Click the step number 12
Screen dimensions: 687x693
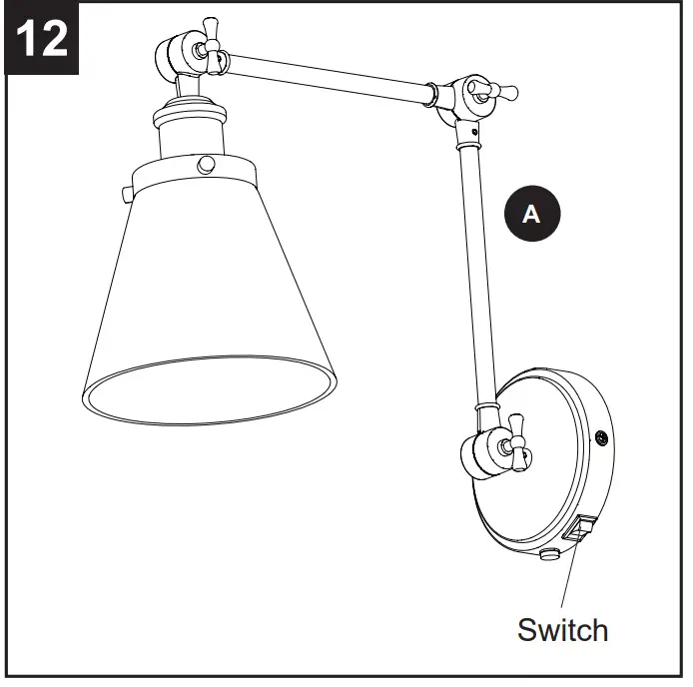42,39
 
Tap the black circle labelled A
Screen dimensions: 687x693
531,212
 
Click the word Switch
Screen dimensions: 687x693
562,630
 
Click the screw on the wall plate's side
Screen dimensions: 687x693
602,436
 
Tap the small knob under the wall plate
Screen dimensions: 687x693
547,552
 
